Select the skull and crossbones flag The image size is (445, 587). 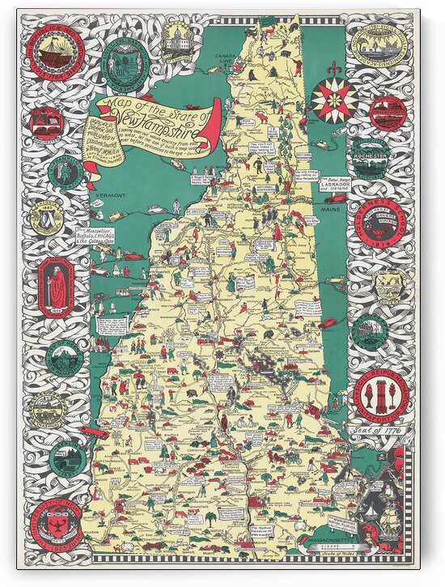pos(376,459)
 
